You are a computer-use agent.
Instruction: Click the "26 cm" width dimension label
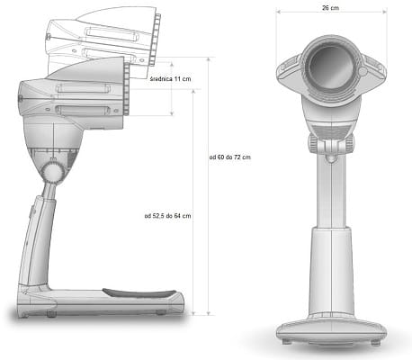point(330,8)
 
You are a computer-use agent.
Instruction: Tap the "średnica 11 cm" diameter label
point(170,79)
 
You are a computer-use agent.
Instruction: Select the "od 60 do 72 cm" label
point(230,157)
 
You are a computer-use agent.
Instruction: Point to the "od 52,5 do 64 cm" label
point(167,216)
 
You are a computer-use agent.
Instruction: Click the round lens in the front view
point(330,67)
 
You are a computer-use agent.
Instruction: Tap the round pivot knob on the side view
point(52,172)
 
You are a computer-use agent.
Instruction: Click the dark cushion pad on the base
point(139,293)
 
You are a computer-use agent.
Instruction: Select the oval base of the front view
point(331,330)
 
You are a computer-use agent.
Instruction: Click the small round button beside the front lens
point(363,71)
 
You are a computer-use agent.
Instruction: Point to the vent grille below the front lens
point(330,130)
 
